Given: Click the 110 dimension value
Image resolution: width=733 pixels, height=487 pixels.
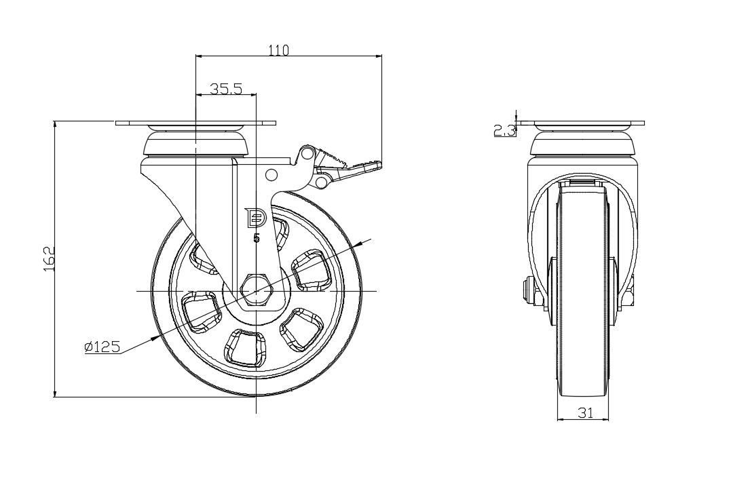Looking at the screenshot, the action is coord(279,50).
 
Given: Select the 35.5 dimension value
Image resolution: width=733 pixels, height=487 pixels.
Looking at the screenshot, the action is coord(225,89).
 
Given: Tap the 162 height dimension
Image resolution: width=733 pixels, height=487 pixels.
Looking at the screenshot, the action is coord(50,258).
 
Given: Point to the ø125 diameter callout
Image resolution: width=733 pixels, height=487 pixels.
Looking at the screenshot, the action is coord(102,347).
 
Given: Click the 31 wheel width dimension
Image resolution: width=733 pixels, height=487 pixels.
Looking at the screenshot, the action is coord(585,412).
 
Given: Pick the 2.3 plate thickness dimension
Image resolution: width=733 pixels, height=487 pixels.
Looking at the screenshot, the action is coord(504,130).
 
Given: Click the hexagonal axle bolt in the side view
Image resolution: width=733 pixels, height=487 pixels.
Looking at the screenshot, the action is coord(256,291).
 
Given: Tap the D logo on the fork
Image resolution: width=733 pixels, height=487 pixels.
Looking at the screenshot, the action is coord(256,217).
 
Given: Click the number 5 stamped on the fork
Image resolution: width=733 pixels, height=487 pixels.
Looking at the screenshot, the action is coord(256,238).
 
